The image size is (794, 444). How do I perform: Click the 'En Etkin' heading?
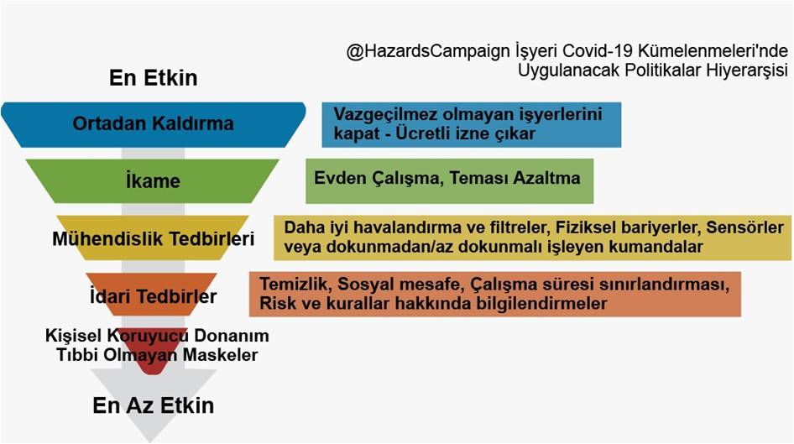click(x=154, y=78)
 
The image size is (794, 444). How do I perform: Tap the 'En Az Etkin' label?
click(x=154, y=405)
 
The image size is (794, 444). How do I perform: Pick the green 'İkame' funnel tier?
click(x=153, y=180)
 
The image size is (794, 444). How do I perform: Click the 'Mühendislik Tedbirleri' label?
click(x=154, y=238)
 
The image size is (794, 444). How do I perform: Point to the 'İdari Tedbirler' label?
click(x=154, y=296)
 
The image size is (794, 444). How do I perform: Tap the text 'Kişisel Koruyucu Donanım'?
click(x=157, y=336)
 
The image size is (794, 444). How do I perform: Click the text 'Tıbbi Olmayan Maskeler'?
click(x=157, y=355)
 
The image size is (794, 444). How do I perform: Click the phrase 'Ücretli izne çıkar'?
click(x=465, y=133)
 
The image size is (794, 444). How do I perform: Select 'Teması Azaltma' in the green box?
click(x=515, y=178)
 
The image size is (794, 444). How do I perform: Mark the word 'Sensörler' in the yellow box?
click(x=744, y=227)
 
